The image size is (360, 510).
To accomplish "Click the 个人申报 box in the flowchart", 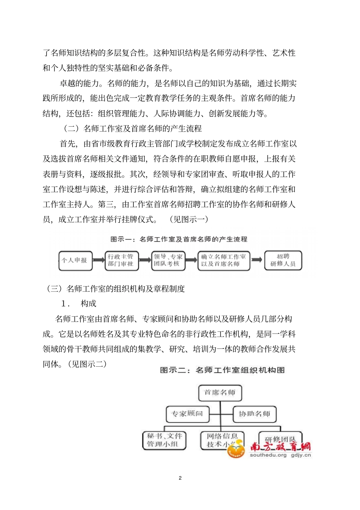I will [x=75, y=260].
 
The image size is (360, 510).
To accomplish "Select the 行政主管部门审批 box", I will [x=122, y=260].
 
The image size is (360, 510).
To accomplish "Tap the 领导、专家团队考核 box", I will [x=168, y=260].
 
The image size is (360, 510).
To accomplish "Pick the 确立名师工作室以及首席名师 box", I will [x=224, y=260].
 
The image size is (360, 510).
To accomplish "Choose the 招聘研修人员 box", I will [x=283, y=260].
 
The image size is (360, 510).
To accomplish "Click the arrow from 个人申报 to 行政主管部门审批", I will [x=99, y=260].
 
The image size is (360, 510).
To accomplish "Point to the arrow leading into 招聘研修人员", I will [x=257, y=260].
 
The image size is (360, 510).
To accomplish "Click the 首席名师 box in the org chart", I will [x=220, y=393].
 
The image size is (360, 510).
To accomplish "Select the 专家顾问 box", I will [x=188, y=414].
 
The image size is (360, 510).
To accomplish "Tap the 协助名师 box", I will [x=254, y=414].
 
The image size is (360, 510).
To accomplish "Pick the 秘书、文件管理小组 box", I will [x=164, y=440].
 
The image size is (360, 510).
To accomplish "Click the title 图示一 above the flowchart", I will [x=179, y=239].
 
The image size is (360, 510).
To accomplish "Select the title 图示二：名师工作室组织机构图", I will [x=222, y=370].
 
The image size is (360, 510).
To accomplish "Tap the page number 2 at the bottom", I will [x=180, y=478].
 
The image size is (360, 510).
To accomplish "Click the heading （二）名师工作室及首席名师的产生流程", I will [x=133, y=129].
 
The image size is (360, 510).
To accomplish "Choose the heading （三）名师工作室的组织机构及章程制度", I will [x=116, y=289].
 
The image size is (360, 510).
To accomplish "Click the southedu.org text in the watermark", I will [x=268, y=455].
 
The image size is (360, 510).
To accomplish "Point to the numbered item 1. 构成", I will [x=79, y=304].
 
